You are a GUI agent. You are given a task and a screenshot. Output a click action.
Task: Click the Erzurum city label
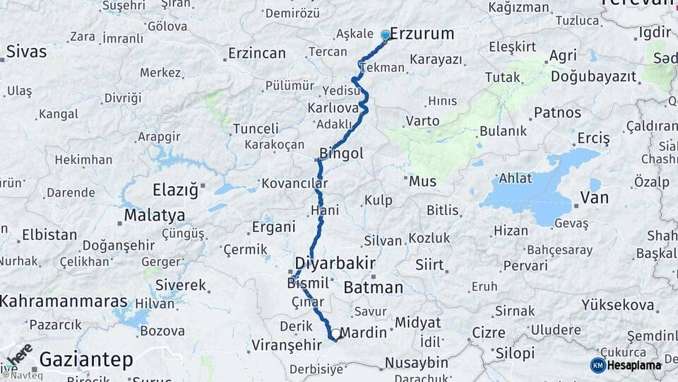422,34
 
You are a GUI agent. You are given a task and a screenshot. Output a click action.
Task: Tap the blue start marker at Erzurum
386,35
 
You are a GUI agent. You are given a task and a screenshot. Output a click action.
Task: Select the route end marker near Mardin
335,335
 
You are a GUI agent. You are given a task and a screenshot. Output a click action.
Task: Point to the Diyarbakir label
335,263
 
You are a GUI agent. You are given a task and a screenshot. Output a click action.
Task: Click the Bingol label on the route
341,154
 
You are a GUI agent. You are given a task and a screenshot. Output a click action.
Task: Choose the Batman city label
373,287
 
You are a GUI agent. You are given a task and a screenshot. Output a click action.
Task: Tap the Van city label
594,198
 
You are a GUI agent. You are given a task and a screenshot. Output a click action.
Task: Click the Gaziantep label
85,359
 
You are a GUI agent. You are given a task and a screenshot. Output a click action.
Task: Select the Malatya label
154,215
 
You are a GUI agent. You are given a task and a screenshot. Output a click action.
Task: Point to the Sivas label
26,52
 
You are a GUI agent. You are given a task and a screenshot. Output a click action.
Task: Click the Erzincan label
257,53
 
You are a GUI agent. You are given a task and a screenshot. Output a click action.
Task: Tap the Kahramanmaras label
64,301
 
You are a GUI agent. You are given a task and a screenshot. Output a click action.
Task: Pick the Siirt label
429,265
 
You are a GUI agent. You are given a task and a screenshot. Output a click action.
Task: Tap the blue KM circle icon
597,365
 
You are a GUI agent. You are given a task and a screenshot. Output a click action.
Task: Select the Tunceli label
256,128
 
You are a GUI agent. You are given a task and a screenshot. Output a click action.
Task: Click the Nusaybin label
416,363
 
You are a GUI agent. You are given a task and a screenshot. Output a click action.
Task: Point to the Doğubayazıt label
588,77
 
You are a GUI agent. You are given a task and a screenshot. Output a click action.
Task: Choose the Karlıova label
333,108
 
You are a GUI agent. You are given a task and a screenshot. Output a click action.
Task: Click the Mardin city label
363,332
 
